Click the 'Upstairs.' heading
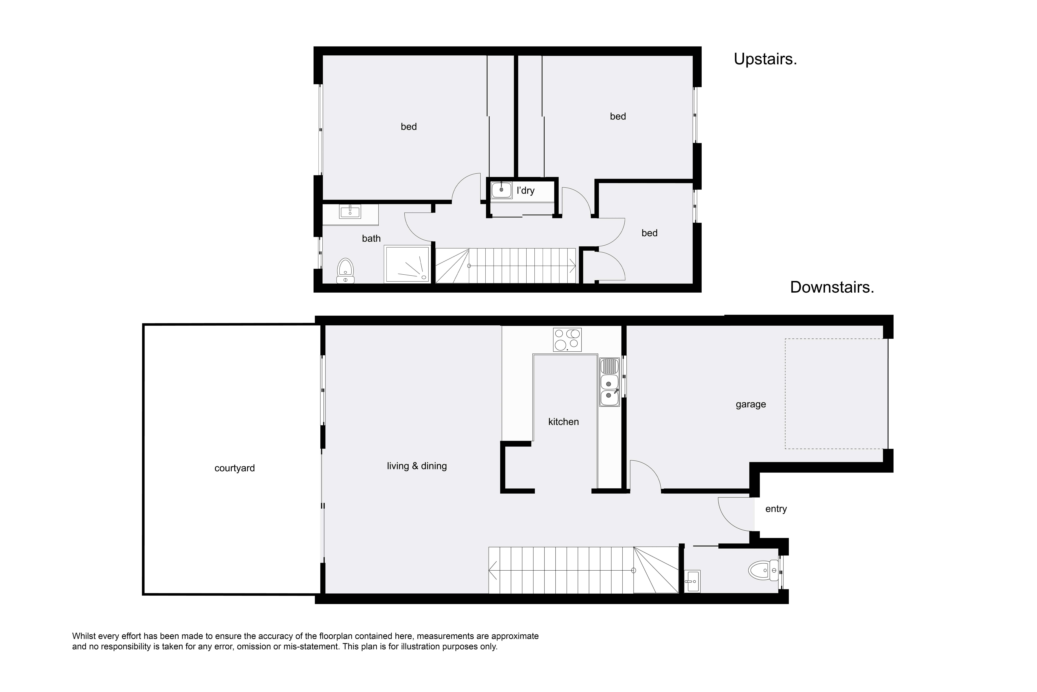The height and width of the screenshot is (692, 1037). point(765,59)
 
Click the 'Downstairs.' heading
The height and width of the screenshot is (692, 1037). point(832,287)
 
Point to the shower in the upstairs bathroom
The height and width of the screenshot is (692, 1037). point(407,264)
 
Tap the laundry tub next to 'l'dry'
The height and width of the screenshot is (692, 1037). point(501,190)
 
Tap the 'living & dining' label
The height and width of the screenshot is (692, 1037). point(417,466)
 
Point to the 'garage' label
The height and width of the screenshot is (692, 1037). point(750,404)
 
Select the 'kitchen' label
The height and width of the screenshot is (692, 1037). point(563,422)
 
